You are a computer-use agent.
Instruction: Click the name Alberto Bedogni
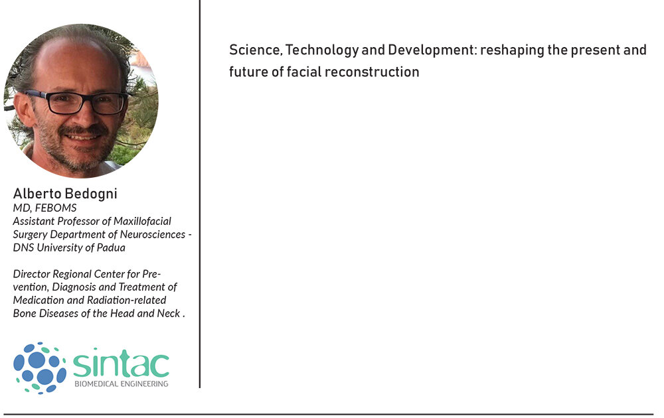point(65,193)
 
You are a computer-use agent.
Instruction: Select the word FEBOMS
point(56,208)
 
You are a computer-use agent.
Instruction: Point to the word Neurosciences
point(153,234)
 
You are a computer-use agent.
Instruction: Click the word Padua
point(112,247)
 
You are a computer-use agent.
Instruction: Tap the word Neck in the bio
point(169,313)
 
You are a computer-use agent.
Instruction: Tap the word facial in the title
point(304,72)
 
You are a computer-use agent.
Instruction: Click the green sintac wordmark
point(121,363)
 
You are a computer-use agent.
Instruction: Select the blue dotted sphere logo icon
point(40,368)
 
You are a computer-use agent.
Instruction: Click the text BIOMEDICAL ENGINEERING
point(121,383)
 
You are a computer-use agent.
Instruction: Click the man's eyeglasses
point(76,102)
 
